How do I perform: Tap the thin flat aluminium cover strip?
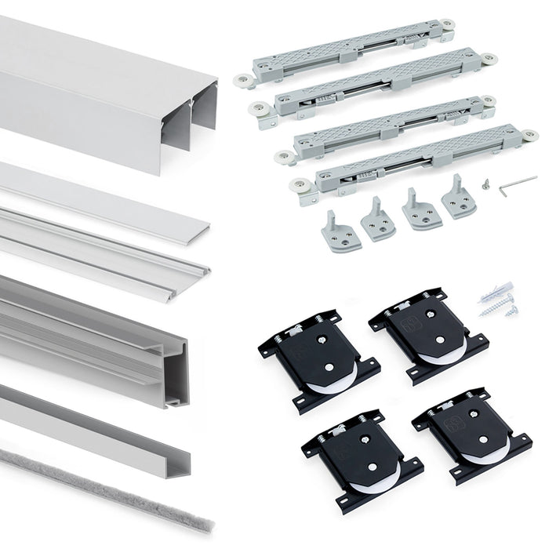[102, 196]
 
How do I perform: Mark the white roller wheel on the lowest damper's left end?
[298, 187]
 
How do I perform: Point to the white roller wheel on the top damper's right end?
[448, 26]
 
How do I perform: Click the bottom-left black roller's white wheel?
[369, 486]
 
